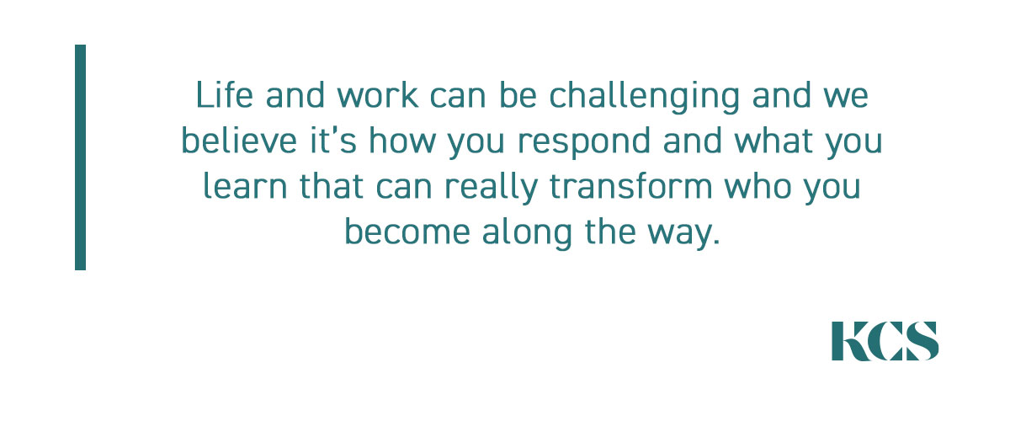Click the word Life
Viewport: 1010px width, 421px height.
point(224,95)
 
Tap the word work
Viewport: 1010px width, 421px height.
point(377,95)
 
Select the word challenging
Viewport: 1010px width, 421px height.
point(645,97)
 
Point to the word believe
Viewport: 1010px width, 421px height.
point(239,140)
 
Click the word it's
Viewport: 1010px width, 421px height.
point(333,140)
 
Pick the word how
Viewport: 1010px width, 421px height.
point(402,140)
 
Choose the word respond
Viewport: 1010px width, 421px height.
point(584,142)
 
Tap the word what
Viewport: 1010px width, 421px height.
point(773,140)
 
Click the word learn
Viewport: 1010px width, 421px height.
point(245,185)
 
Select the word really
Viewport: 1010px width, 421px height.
point(491,188)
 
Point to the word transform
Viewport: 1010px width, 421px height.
point(630,185)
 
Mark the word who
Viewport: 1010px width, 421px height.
point(758,185)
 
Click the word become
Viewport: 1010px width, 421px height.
point(407,231)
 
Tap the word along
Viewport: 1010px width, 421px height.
point(528,233)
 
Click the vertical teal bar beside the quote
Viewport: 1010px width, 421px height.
point(80,157)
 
